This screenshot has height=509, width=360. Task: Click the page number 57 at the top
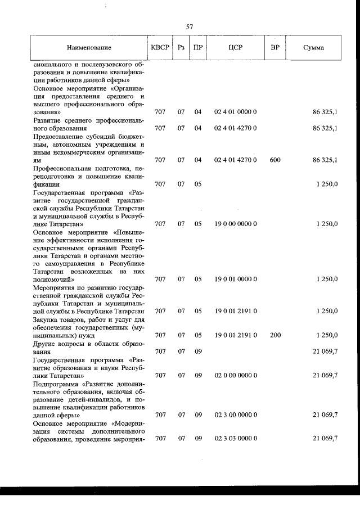tap(190, 26)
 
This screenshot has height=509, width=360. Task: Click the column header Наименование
tap(89, 48)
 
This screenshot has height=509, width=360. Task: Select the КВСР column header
tap(160, 48)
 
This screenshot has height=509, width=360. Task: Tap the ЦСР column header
tap(236, 48)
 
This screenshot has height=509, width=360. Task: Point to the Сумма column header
tap(313, 48)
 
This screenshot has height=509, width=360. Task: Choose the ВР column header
tap(275, 48)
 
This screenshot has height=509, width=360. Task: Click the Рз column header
tap(181, 48)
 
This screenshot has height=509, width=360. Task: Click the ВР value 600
tap(275, 160)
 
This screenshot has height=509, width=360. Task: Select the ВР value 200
tap(275, 335)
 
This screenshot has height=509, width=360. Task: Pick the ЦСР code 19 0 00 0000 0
tap(236, 224)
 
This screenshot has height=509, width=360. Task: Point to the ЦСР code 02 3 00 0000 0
tap(236, 415)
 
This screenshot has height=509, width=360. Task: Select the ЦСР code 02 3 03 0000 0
tap(236, 438)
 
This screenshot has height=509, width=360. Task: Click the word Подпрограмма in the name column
tap(57, 383)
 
